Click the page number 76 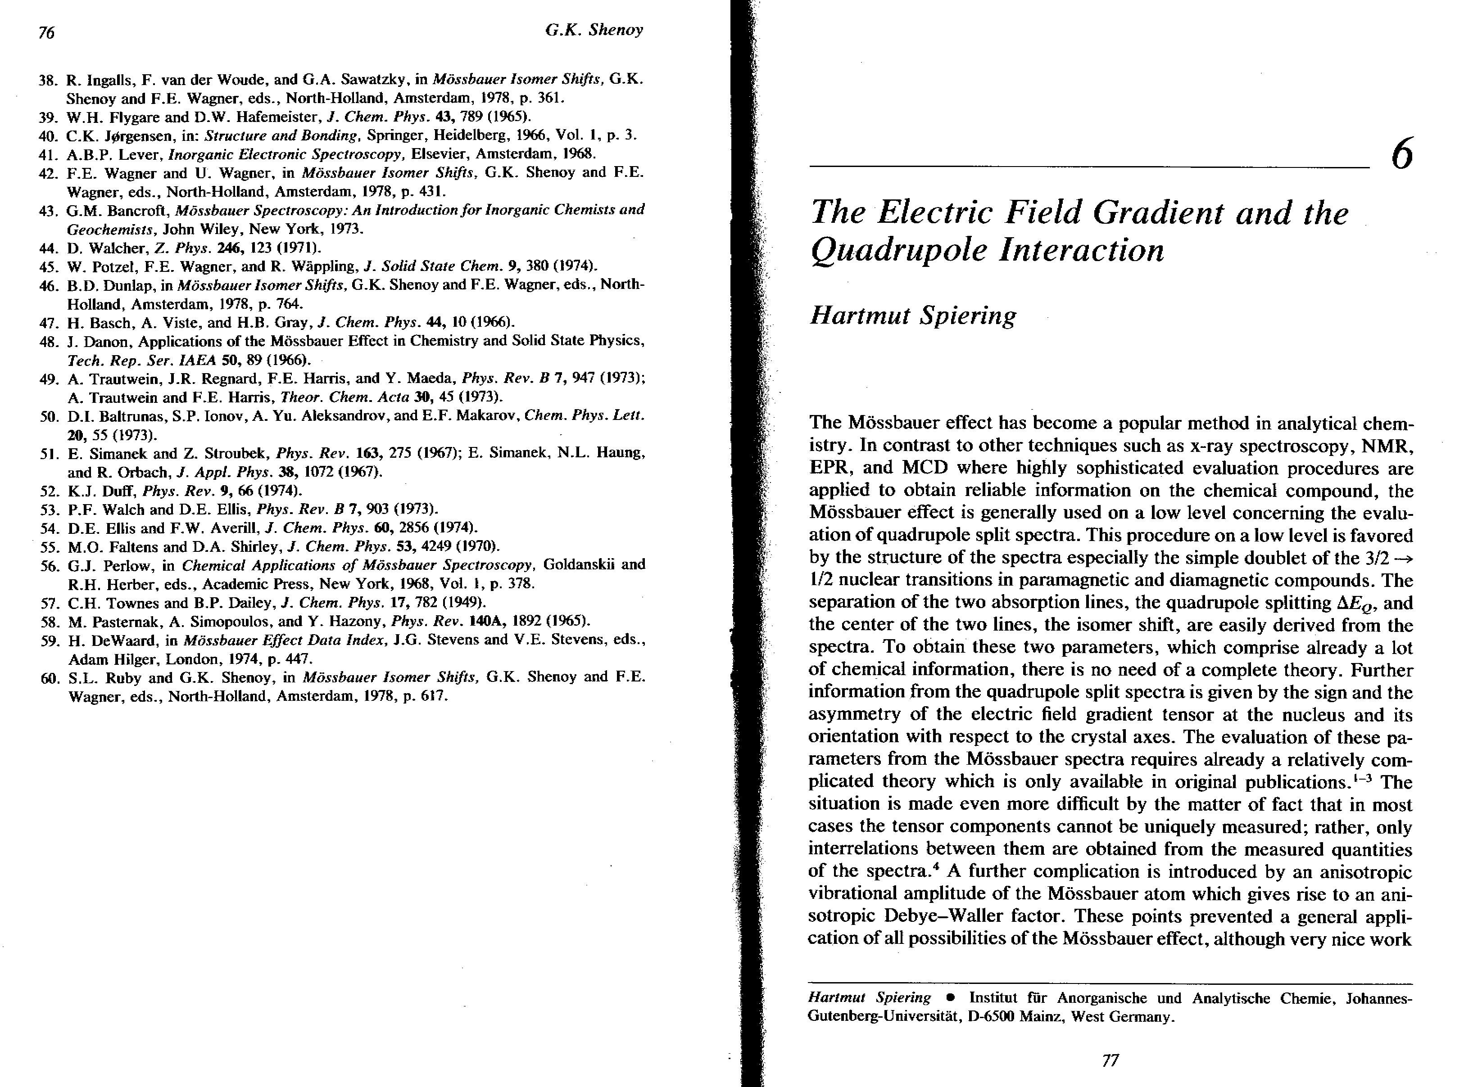46,32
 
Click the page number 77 1110,1060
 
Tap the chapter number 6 1402,156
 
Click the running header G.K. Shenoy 594,30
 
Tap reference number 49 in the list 48,379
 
